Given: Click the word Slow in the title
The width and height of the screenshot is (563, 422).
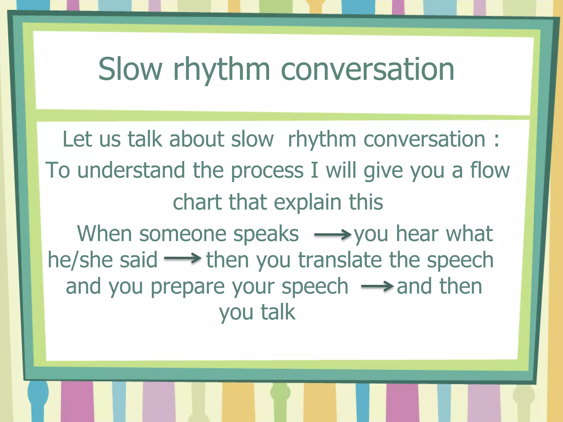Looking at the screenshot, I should pyautogui.click(x=130, y=69).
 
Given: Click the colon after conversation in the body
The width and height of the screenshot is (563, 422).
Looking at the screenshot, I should pyautogui.click(x=496, y=139).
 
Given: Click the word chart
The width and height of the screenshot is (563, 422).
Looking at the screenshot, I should pyautogui.click(x=197, y=202).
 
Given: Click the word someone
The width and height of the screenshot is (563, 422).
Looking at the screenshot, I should pyautogui.click(x=183, y=234).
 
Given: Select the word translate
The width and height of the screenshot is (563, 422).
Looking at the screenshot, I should pyautogui.click(x=341, y=260).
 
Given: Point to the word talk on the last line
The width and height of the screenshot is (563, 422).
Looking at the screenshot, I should pyautogui.click(x=278, y=312).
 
